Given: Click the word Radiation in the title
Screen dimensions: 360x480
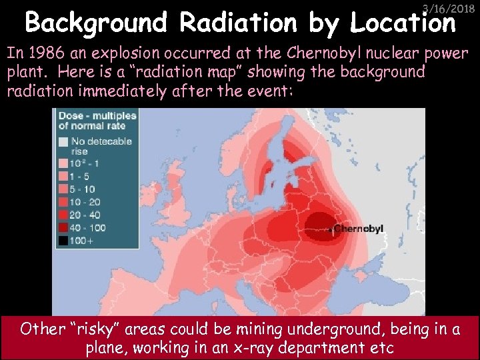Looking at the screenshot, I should point(237,23).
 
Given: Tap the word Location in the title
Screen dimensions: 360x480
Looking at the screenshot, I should point(403,23).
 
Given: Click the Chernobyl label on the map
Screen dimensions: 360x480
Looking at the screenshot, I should point(358,229).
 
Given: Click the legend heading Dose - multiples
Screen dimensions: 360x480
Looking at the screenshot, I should point(97,121).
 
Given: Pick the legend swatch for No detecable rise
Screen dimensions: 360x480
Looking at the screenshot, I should point(63,142).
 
